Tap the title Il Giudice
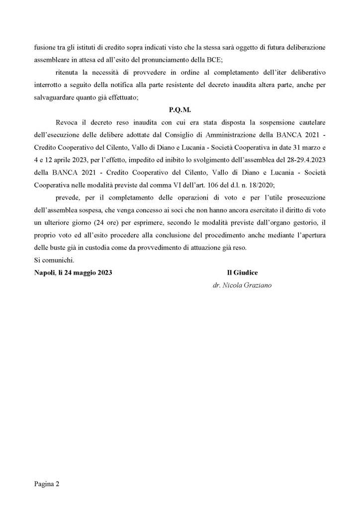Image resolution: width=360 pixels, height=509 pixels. coord(242,272)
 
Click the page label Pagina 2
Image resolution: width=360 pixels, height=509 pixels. coord(47,483)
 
